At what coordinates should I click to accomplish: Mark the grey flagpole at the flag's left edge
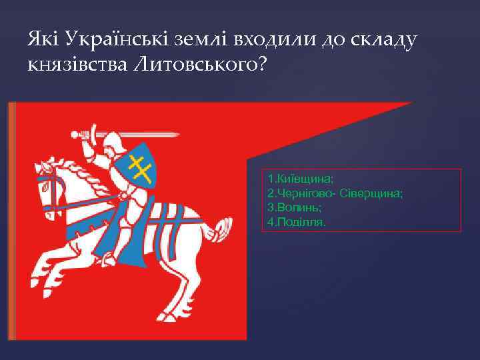10,220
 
